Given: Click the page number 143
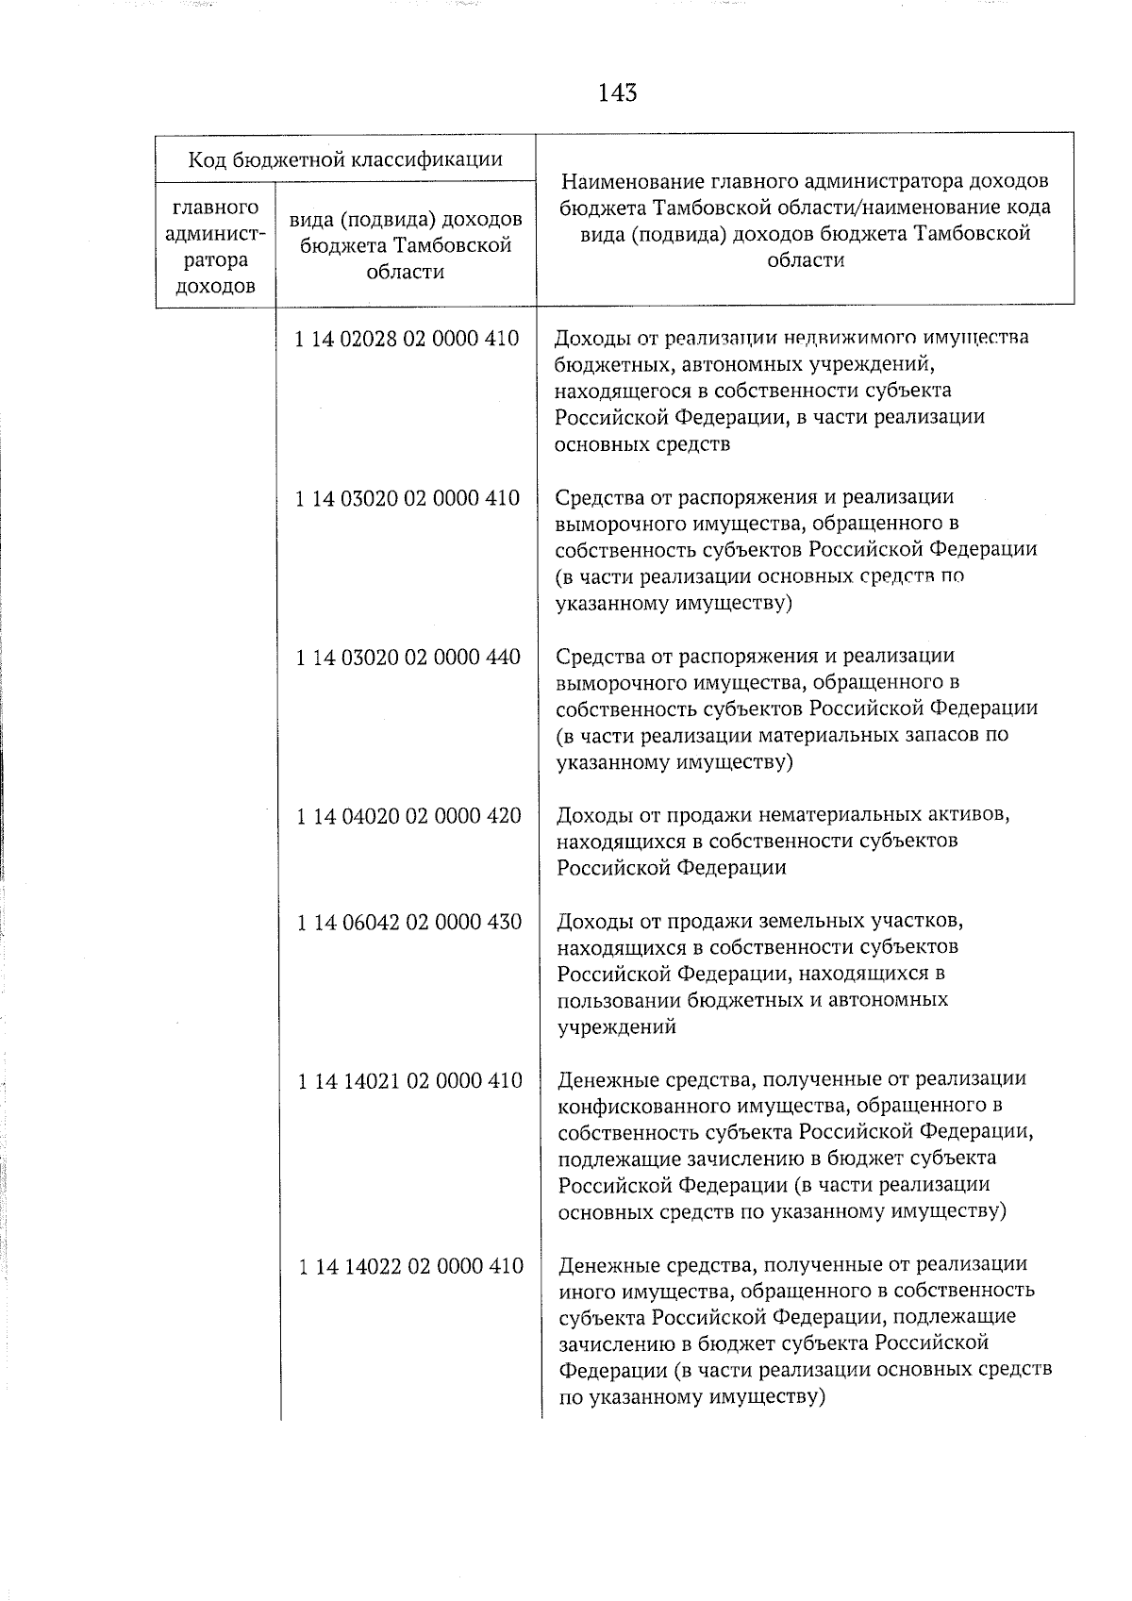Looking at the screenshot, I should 617,92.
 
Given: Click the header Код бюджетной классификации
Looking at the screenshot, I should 344,158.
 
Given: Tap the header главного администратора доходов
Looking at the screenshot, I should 216,245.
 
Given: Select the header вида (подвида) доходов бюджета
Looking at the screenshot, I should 407,245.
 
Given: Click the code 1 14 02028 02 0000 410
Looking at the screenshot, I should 407,339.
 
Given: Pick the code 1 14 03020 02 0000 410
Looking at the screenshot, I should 407,498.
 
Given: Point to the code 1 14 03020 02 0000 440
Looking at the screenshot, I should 408,657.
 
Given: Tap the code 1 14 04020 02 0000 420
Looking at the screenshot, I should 408,815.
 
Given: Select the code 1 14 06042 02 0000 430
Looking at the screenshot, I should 408,922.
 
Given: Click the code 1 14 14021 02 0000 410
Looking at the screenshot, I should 409,1080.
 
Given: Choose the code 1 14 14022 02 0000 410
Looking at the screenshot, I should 410,1265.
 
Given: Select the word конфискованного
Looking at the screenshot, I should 638,1105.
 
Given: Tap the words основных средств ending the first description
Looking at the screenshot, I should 642,443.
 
